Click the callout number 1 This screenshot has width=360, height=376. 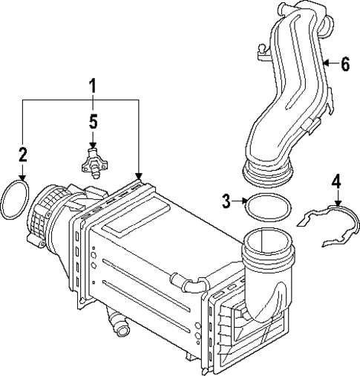pyautogui.click(x=91, y=88)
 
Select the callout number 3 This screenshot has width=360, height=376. pyautogui.click(x=228, y=199)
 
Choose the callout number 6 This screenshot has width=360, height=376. pyautogui.click(x=344, y=64)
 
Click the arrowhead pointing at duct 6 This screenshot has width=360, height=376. pyautogui.click(x=327, y=65)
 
